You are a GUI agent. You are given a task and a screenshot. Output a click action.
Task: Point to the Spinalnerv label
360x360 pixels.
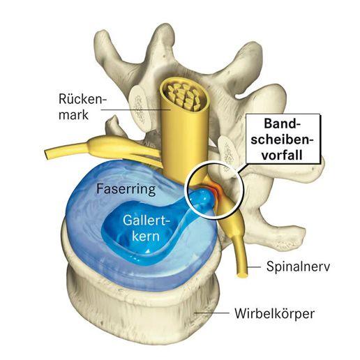[296, 267]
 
